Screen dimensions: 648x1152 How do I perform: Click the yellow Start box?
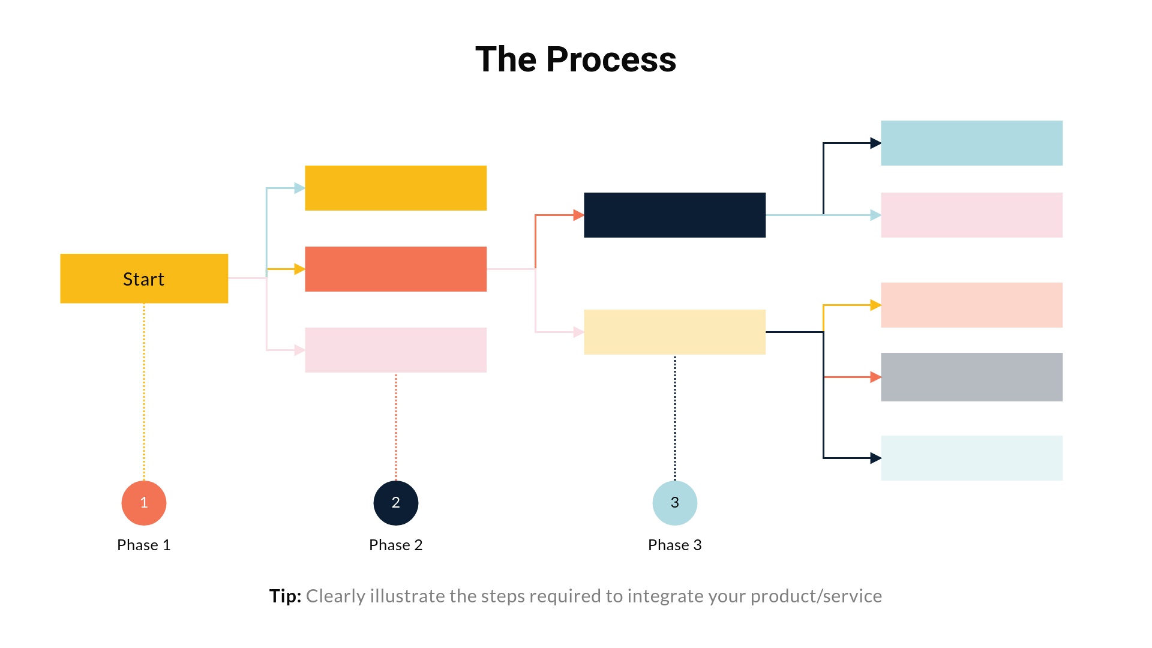click(x=144, y=278)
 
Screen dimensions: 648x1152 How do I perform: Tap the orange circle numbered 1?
click(x=144, y=503)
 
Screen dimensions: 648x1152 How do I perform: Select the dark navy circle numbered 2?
click(x=396, y=503)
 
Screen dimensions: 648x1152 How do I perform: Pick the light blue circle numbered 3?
click(x=675, y=503)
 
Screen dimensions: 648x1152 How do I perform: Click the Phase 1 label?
click(x=144, y=545)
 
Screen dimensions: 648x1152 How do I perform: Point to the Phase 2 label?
click(x=396, y=545)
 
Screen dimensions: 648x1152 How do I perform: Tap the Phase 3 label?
click(x=675, y=545)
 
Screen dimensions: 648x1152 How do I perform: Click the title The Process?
click(x=575, y=59)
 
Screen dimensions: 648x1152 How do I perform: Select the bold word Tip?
click(x=285, y=596)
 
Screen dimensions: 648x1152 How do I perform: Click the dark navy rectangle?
click(x=674, y=215)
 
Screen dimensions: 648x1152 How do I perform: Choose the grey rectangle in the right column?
click(x=971, y=377)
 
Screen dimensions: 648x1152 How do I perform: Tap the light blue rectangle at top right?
click(x=971, y=143)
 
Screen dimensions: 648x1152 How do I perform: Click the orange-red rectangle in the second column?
click(x=395, y=269)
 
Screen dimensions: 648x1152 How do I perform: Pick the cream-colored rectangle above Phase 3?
click(x=674, y=332)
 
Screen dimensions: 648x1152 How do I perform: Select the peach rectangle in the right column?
click(x=971, y=305)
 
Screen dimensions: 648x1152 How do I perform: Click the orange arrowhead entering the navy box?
click(x=578, y=215)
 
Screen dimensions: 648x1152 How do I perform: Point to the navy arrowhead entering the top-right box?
click(x=875, y=143)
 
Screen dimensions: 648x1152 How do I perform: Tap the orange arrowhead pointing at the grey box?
click(x=875, y=377)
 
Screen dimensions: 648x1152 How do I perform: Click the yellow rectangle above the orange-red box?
click(x=395, y=188)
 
